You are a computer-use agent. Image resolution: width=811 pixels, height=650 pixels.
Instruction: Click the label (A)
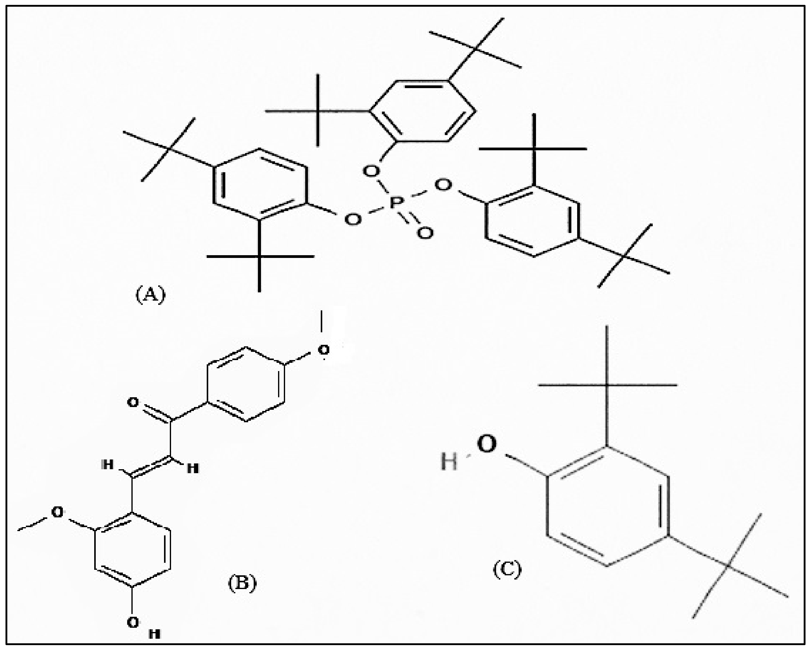point(150,295)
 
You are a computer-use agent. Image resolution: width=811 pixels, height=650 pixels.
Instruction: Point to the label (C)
point(507,569)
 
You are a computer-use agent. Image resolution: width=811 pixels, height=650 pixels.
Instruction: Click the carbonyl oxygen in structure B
point(133,402)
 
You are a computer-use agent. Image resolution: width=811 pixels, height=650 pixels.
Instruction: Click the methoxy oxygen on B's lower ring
point(58,512)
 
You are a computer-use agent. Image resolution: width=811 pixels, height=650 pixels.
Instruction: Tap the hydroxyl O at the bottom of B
point(132,623)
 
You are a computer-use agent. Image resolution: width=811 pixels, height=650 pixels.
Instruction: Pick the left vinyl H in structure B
point(108,465)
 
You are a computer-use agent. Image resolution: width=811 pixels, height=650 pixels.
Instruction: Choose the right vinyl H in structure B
point(193,468)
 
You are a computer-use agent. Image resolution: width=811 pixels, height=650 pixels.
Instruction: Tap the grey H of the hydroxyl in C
point(449,462)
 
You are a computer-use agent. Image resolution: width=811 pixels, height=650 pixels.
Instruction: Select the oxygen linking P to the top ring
point(371,171)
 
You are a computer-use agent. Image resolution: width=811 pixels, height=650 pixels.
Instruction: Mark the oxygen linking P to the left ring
point(352,219)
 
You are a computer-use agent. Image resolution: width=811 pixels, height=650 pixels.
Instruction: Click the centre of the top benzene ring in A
point(423,111)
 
